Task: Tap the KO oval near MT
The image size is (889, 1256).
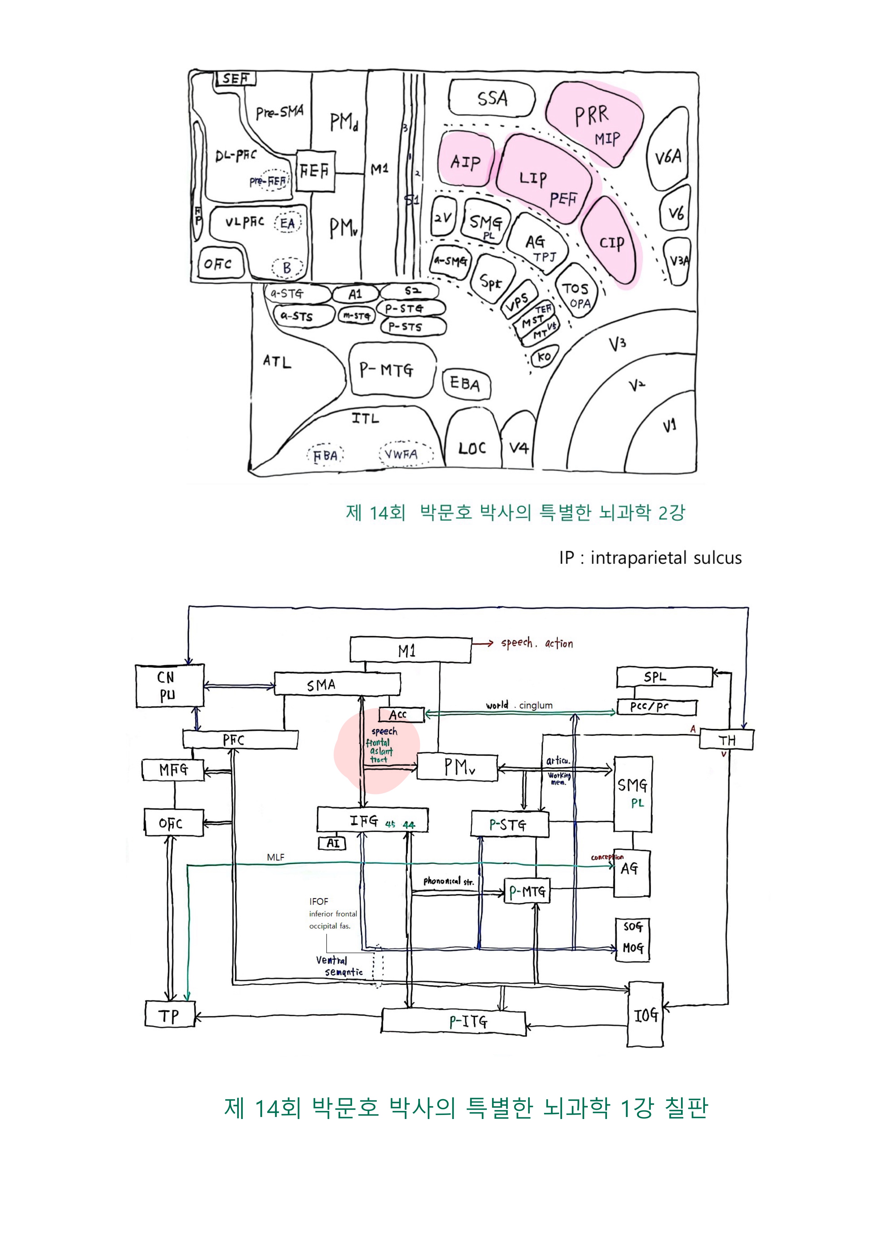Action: click(x=544, y=357)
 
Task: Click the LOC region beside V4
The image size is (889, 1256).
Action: click(x=472, y=448)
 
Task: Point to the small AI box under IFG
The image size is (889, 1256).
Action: click(x=332, y=843)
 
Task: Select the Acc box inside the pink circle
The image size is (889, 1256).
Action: click(x=401, y=714)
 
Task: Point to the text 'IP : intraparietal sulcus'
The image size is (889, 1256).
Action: click(x=650, y=558)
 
